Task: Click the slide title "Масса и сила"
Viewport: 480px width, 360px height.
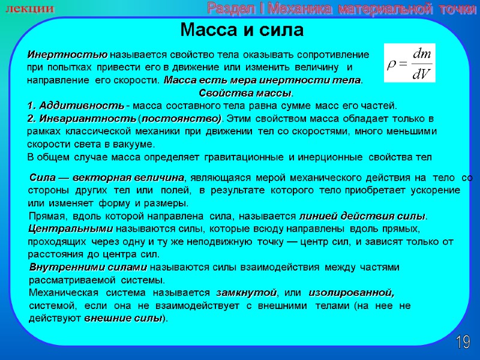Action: pos(242,30)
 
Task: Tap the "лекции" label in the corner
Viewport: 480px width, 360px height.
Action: pos(30,9)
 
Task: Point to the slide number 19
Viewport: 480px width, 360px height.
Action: pos(463,343)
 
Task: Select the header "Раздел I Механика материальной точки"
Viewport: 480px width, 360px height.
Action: pos(343,9)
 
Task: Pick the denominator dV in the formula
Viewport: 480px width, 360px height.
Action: pos(421,74)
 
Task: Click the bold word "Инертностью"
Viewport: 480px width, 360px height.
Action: pos(67,54)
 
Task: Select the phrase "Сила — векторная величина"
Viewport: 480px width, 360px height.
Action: pos(106,178)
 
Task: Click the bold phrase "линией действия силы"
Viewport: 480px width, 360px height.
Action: pos(363,216)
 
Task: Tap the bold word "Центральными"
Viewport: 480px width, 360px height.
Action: pos(71,229)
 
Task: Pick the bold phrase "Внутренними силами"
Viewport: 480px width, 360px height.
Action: pos(88,268)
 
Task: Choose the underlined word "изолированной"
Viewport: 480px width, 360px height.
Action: pos(351,293)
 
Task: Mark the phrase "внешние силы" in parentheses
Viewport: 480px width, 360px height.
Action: pos(123,319)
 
